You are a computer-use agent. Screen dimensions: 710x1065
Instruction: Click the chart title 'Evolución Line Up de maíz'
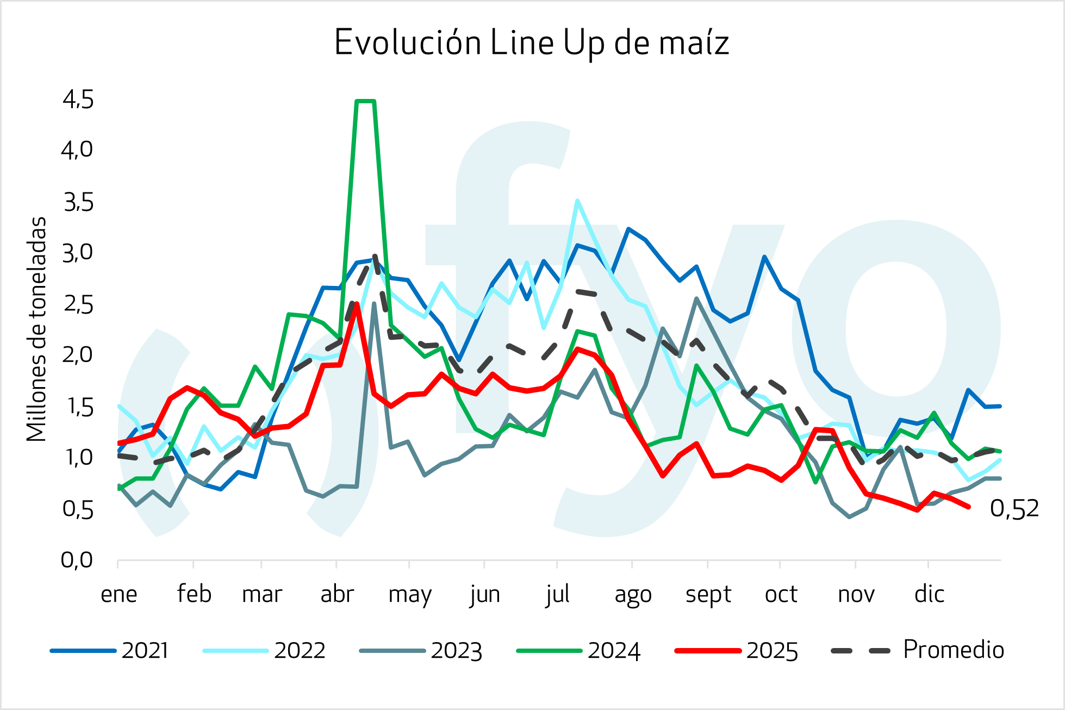pos(531,43)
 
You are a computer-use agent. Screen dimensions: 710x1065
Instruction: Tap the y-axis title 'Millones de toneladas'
pos(36,329)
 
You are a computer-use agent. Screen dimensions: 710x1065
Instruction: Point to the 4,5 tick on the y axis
pos(78,100)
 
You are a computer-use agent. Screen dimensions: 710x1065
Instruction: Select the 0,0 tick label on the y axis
pos(77,560)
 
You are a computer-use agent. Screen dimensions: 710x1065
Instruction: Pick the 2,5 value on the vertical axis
pos(78,305)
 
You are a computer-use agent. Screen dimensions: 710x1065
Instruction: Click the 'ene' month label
pos(119,594)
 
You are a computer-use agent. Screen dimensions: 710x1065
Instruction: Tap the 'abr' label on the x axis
pos(337,594)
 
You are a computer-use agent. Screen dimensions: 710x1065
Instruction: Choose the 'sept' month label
pos(708,594)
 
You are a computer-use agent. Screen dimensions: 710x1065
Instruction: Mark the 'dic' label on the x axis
pos(929,594)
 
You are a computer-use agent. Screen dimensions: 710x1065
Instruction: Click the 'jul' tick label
pos(558,594)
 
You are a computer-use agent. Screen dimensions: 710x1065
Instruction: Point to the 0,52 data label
pos(1014,509)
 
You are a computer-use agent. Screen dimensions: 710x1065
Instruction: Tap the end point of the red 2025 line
pos(969,507)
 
